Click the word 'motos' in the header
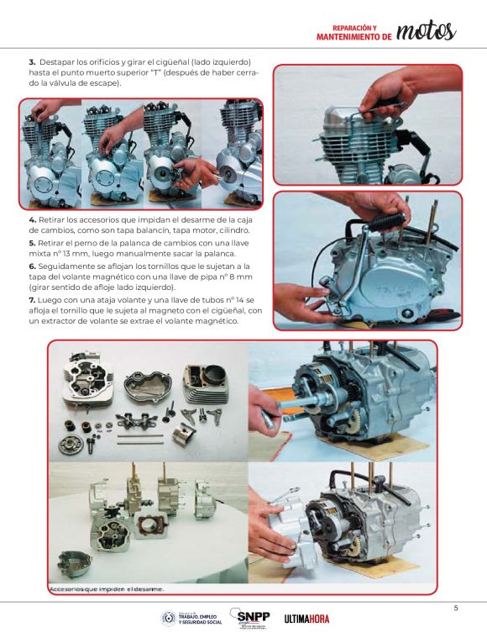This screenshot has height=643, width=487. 426,31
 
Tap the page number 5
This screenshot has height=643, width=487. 455,609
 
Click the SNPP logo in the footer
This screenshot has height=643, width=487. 249,619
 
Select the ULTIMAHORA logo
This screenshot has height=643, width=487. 306,619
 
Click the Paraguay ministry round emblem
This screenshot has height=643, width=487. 168,618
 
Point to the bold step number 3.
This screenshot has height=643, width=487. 32,62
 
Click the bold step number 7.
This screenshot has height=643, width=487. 32,300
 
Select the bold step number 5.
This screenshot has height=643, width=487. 32,243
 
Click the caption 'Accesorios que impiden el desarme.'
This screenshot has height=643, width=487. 107,589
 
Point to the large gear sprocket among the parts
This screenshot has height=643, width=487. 68,445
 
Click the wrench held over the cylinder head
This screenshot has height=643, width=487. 382,108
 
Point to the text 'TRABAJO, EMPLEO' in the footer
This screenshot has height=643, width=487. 197,617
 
